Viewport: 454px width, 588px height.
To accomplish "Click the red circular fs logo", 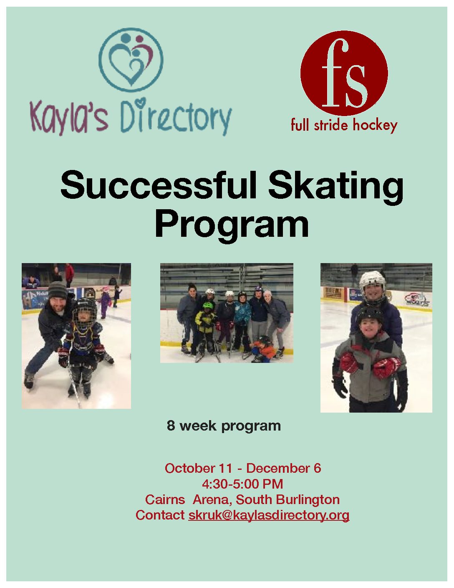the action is (344, 73).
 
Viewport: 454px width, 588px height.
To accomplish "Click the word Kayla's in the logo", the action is (69, 117).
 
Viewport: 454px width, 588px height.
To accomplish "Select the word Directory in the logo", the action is (176, 117).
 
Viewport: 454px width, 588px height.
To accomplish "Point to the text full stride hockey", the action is (344, 125).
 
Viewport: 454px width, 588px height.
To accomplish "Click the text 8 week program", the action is (224, 426).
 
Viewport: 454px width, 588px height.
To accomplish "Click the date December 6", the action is (284, 469).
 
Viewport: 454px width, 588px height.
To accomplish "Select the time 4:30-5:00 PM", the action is (242, 484).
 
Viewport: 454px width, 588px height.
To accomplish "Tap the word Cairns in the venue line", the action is (165, 500).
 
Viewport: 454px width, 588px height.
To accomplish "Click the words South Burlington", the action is (288, 500).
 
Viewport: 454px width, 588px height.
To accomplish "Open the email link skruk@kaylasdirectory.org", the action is (269, 516).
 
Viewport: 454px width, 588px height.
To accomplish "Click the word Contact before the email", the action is (160, 515).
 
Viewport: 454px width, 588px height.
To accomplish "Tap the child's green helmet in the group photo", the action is (208, 306).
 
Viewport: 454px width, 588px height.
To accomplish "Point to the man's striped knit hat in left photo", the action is (58, 290).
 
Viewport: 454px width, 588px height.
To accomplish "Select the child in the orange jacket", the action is (263, 349).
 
